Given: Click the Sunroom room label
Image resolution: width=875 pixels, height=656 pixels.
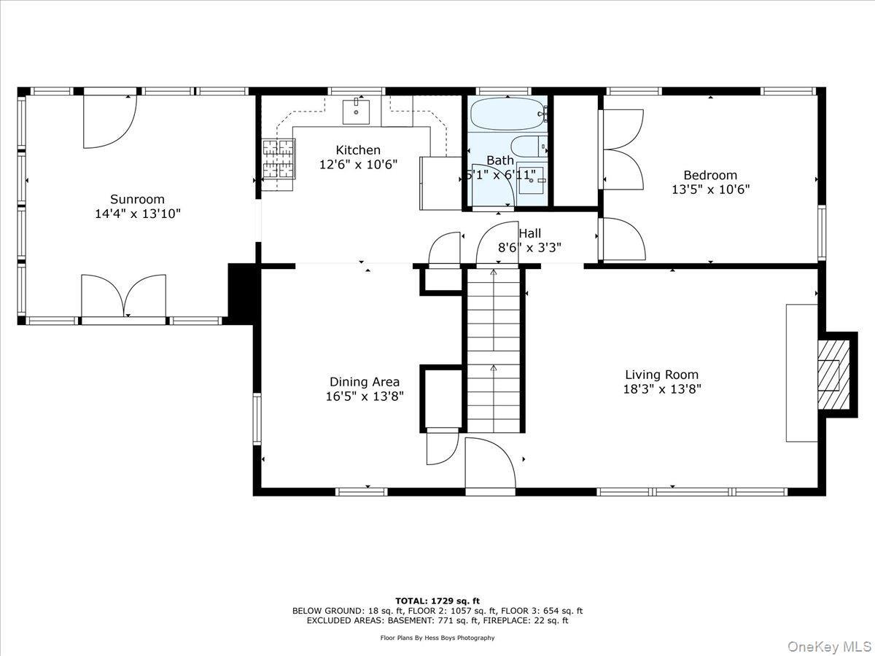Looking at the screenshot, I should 137,199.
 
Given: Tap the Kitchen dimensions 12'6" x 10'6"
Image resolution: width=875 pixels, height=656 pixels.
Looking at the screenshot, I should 358,165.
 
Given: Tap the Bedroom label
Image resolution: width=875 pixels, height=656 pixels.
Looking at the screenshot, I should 709,175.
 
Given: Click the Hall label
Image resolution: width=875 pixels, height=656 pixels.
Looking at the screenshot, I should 530,233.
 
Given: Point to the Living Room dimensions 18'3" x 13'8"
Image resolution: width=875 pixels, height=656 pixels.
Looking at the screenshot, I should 661,389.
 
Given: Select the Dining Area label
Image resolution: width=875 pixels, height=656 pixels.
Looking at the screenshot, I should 364,382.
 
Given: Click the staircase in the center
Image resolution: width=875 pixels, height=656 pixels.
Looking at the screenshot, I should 494,350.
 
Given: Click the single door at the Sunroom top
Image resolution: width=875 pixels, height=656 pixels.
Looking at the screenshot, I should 109,121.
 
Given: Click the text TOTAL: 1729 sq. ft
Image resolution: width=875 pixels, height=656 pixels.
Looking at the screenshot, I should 437,600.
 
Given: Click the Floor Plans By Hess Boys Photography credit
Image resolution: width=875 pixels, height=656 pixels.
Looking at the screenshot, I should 437,638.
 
